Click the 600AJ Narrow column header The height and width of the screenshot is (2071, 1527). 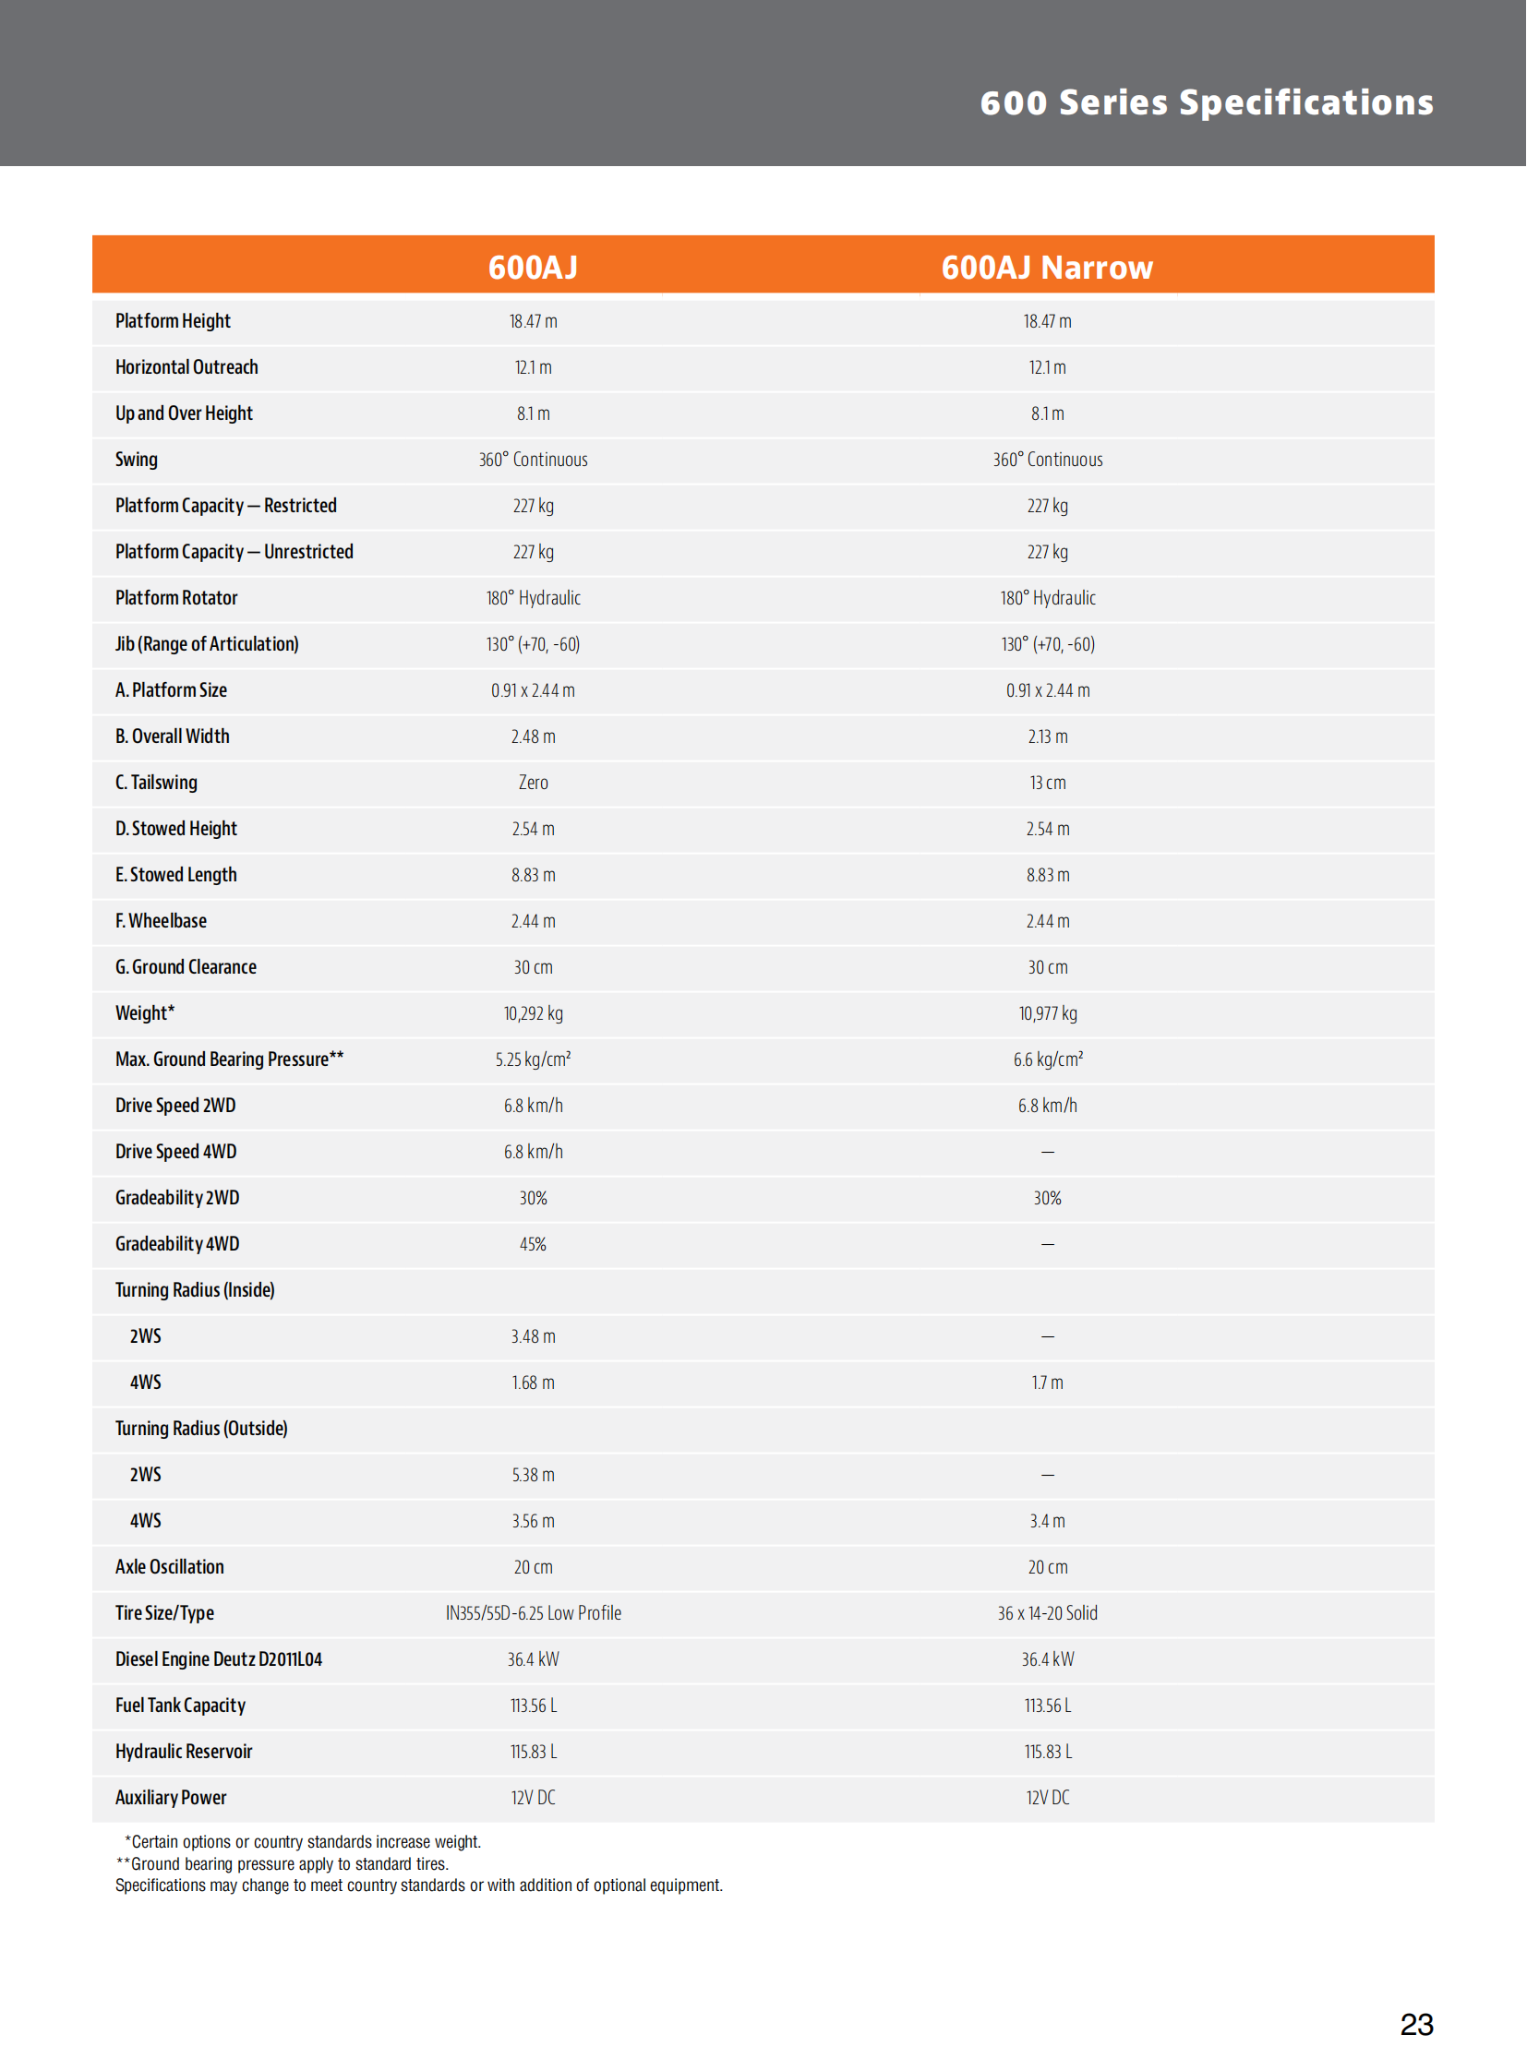click(x=1046, y=267)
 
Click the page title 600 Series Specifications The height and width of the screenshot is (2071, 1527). click(x=1207, y=102)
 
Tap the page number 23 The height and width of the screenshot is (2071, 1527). click(x=1416, y=2024)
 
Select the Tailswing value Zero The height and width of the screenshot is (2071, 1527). click(x=533, y=783)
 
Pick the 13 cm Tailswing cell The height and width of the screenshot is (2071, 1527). click(x=1047, y=783)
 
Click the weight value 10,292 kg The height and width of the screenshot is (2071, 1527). click(x=533, y=1013)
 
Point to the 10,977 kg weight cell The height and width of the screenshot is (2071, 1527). click(x=1047, y=1013)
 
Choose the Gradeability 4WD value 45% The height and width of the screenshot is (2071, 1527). click(x=533, y=1245)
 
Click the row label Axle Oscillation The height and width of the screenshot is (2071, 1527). click(x=169, y=1567)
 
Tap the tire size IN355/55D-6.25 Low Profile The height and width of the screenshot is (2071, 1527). click(x=533, y=1613)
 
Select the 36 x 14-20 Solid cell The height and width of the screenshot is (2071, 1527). click(x=1047, y=1613)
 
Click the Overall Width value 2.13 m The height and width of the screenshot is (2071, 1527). click(x=1047, y=736)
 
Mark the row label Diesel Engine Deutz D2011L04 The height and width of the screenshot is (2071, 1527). click(x=218, y=1659)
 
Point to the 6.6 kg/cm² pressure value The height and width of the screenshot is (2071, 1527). click(x=1047, y=1060)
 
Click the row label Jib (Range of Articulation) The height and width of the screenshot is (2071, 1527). click(x=206, y=644)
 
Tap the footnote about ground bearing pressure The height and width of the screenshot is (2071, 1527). click(x=282, y=1864)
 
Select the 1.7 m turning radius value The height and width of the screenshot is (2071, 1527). click(x=1047, y=1383)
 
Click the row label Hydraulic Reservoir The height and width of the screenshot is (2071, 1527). click(x=183, y=1753)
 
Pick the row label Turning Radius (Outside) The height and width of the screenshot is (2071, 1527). click(x=200, y=1429)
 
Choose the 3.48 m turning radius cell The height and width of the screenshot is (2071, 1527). click(x=533, y=1336)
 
